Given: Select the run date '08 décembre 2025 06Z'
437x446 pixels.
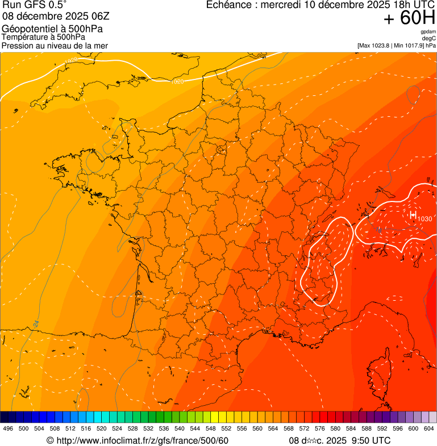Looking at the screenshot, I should coord(47,16).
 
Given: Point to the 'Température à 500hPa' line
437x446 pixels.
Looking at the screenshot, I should coord(43,37).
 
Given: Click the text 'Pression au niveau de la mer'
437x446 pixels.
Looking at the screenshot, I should coord(55,45).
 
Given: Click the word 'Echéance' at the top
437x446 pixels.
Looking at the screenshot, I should coord(230,5).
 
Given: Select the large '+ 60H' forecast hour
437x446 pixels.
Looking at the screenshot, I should coord(409,19).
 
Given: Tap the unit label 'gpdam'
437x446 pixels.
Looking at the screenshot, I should coord(428,32).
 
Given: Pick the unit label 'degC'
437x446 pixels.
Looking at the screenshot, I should coord(430,38).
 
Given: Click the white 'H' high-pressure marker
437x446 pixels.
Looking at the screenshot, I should coord(413,214).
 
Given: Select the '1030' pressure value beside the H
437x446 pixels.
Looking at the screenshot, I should coord(424,219).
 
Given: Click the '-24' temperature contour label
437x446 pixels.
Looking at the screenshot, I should coord(36,323).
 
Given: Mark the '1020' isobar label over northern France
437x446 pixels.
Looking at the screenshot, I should coord(177,82).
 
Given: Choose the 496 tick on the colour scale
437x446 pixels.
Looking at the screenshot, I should coord(8,429).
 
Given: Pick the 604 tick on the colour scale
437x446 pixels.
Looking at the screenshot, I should coord(428,429).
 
